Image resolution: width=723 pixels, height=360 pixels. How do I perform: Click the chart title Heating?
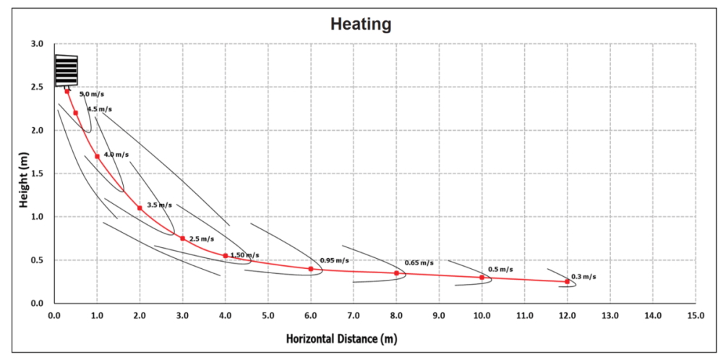pyautogui.click(x=361, y=24)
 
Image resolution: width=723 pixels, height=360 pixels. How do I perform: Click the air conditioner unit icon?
pyautogui.click(x=67, y=71)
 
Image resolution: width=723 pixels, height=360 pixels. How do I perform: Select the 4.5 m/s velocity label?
pyautogui.click(x=100, y=109)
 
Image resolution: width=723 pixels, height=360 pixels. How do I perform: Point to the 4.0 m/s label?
pyautogui.click(x=116, y=155)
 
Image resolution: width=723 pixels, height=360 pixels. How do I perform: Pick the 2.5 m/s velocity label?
pyautogui.click(x=202, y=239)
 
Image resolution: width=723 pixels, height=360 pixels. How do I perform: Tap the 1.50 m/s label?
pyautogui.click(x=244, y=255)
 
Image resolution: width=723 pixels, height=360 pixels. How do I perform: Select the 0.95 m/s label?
pyautogui.click(x=335, y=260)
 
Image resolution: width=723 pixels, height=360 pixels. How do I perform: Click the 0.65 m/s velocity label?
pyautogui.click(x=419, y=263)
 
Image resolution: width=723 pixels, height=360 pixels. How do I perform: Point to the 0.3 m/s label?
pyautogui.click(x=583, y=277)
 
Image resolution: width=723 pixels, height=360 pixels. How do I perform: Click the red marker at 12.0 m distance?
pyautogui.click(x=568, y=281)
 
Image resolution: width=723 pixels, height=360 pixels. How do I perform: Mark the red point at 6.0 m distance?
pyautogui.click(x=311, y=269)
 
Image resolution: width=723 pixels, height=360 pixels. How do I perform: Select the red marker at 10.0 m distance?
pyautogui.click(x=482, y=277)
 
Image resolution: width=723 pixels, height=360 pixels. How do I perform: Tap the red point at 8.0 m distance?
pyautogui.click(x=396, y=273)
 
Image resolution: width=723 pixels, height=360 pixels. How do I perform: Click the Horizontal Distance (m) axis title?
pyautogui.click(x=342, y=338)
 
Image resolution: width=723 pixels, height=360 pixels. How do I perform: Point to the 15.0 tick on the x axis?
pyautogui.click(x=696, y=316)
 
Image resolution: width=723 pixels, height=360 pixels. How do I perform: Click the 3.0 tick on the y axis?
pyautogui.click(x=39, y=44)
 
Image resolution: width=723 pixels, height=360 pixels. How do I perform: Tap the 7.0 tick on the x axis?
pyautogui.click(x=354, y=316)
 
